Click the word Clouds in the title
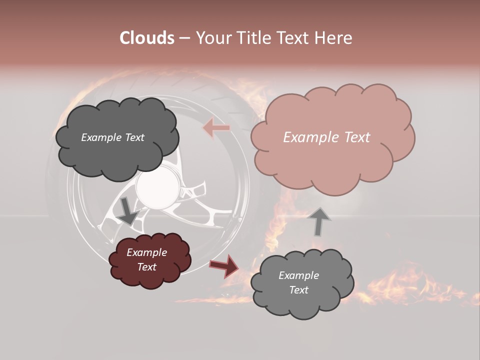coord(147,38)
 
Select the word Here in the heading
coord(333,38)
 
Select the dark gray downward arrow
coord(128,210)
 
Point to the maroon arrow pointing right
coord(224,265)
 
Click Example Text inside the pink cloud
coord(326,137)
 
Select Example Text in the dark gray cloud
coord(112,137)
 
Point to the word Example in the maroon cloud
coord(146,252)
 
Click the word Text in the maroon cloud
coord(146,267)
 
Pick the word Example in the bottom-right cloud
coord(298,275)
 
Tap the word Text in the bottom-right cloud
coord(298,290)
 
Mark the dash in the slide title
coord(184,38)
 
